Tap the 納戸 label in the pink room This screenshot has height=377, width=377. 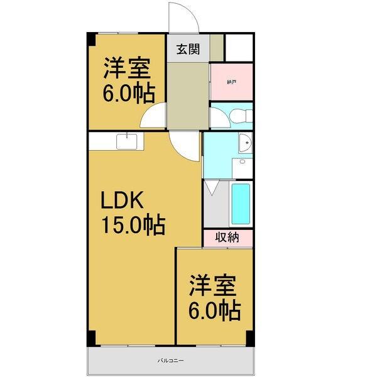point(231,82)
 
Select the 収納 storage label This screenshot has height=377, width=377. point(227,238)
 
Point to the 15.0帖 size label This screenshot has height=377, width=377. point(133,224)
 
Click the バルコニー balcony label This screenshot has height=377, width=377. point(170,361)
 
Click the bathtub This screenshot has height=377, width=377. point(241,203)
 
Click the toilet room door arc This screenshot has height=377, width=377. point(217,117)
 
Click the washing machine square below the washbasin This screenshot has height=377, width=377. point(243,167)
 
